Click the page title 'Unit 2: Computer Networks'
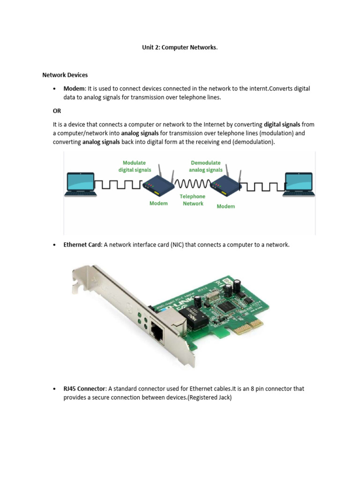point(180,48)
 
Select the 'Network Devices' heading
point(65,75)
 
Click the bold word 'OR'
point(57,111)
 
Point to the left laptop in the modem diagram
point(81,183)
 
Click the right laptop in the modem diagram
point(299,183)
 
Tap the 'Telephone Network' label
point(193,200)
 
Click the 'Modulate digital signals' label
point(135,166)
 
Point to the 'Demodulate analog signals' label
point(206,166)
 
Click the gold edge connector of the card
point(248,327)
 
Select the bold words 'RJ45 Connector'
point(85,389)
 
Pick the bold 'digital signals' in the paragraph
point(282,125)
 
